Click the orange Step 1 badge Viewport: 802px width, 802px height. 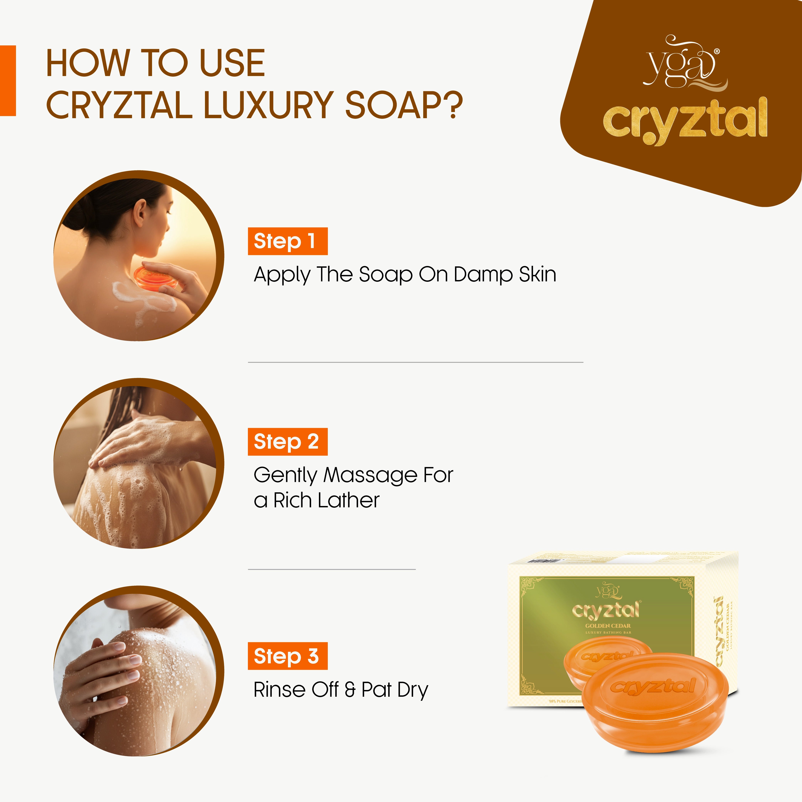(287, 241)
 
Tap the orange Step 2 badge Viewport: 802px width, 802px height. (287, 442)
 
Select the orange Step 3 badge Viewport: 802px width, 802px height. (287, 656)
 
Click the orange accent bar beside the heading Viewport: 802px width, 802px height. (8, 80)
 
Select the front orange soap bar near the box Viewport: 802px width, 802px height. (656, 702)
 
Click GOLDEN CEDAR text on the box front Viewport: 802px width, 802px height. (608, 626)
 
